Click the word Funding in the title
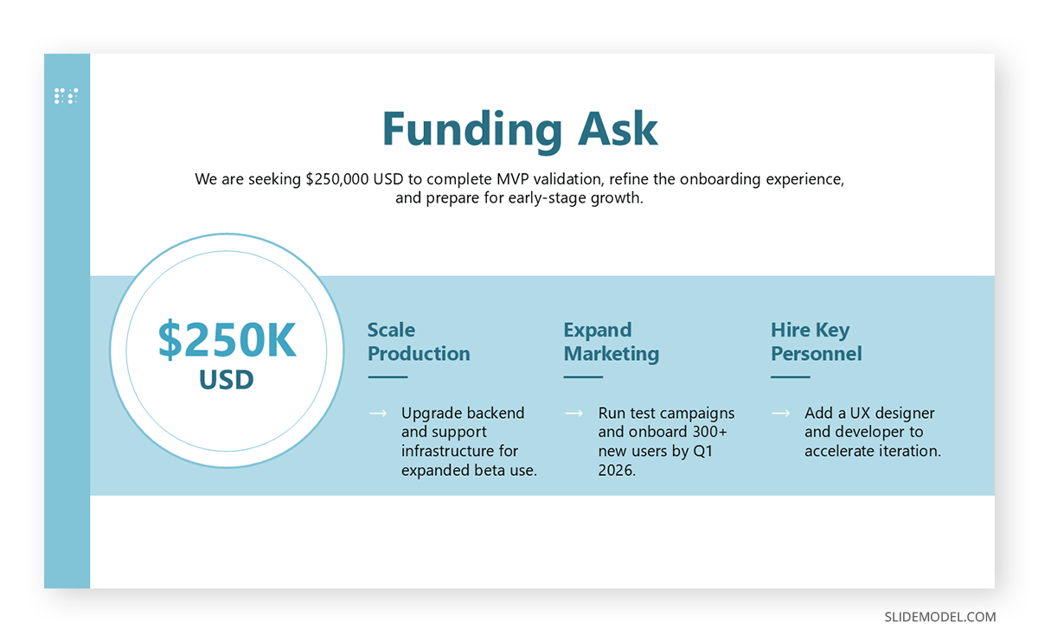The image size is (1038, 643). (472, 131)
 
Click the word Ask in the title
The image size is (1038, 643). (618, 129)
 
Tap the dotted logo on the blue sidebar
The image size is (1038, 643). (67, 96)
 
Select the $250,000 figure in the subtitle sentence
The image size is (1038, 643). (337, 179)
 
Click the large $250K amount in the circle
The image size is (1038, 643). (227, 340)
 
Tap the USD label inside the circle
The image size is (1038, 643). (227, 380)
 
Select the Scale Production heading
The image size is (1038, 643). (419, 342)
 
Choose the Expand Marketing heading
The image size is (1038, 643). (612, 342)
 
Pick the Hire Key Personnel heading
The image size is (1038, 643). (817, 342)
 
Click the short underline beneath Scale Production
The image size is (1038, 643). (388, 377)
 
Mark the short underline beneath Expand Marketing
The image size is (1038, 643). (583, 377)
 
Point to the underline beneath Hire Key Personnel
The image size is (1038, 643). (790, 377)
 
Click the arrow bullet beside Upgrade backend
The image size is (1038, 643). (378, 413)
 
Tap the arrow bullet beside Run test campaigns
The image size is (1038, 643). (574, 413)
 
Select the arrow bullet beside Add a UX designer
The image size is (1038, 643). (781, 413)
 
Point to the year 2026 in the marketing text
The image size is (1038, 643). (615, 471)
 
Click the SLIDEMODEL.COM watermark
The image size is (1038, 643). (939, 617)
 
